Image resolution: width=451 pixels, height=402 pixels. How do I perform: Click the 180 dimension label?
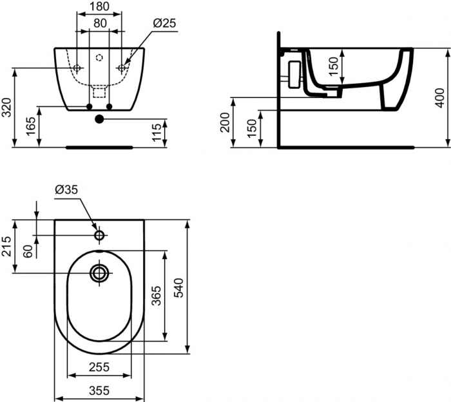(x=99, y=8)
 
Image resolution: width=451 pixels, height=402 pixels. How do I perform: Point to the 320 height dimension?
(x=7, y=107)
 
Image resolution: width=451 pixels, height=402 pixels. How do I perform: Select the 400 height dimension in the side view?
(x=440, y=97)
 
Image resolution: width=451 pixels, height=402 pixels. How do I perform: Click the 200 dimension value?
(x=225, y=122)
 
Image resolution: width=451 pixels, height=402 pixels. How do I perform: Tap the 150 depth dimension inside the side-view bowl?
(x=333, y=66)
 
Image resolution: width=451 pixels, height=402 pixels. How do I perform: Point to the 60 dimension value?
(x=28, y=251)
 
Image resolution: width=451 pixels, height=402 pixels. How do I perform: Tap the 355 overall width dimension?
(x=99, y=390)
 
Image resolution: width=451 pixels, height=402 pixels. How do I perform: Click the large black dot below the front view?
(x=99, y=119)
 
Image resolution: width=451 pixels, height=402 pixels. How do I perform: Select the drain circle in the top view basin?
(x=99, y=273)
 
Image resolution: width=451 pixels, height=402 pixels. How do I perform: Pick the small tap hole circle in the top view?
(x=99, y=235)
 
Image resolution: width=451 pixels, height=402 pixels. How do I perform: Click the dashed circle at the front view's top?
(x=99, y=58)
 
